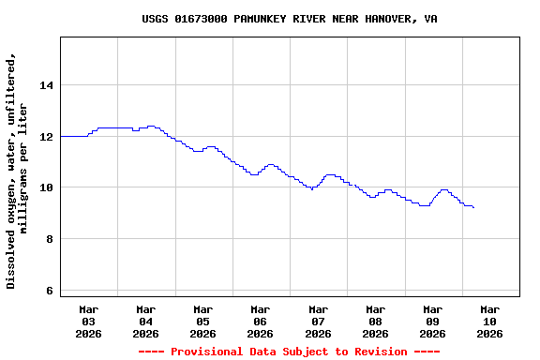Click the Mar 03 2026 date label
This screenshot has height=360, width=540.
(89, 321)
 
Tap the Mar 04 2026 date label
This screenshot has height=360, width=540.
(146, 321)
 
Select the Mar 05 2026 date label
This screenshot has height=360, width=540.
(203, 321)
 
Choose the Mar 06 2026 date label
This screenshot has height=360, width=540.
(261, 321)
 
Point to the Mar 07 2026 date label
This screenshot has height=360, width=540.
(318, 321)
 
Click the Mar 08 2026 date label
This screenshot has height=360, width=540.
(375, 321)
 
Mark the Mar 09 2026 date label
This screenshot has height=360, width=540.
(432, 321)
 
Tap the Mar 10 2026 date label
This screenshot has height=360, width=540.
(489, 321)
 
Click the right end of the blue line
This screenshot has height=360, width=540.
(473, 207)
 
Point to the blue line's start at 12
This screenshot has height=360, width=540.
(62, 137)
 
